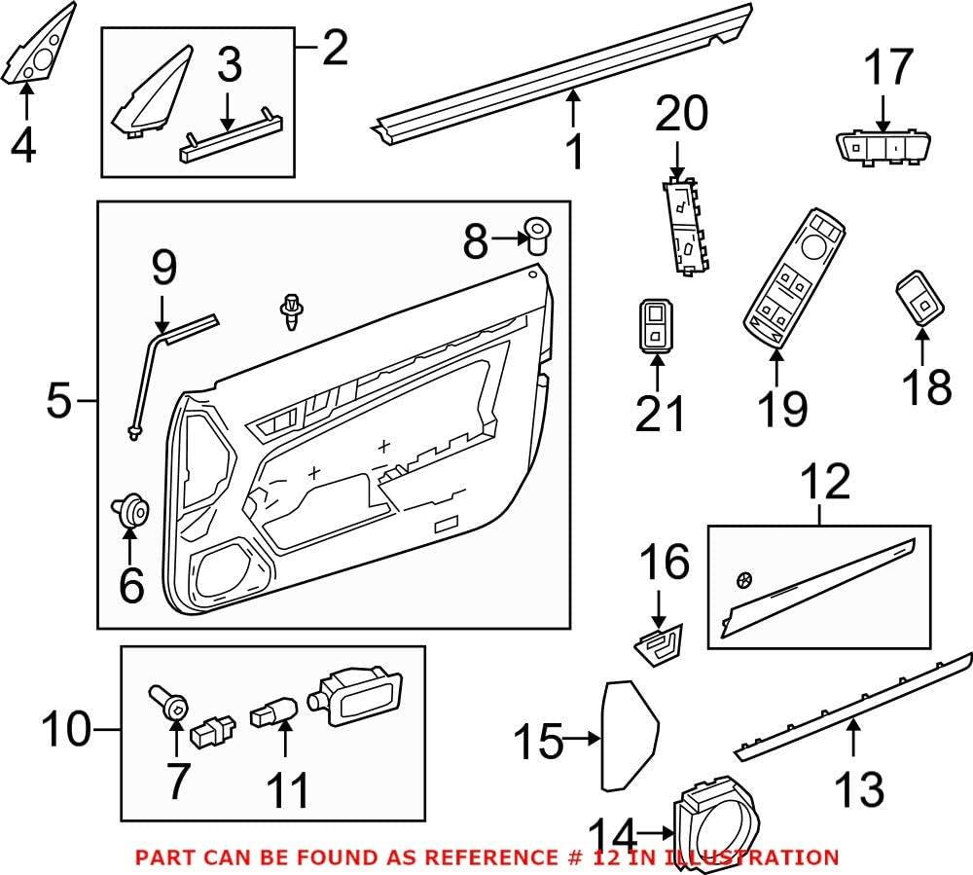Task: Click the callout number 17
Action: [888, 69]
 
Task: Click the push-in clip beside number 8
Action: [535, 235]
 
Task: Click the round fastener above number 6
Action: [130, 509]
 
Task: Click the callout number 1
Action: [576, 152]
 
